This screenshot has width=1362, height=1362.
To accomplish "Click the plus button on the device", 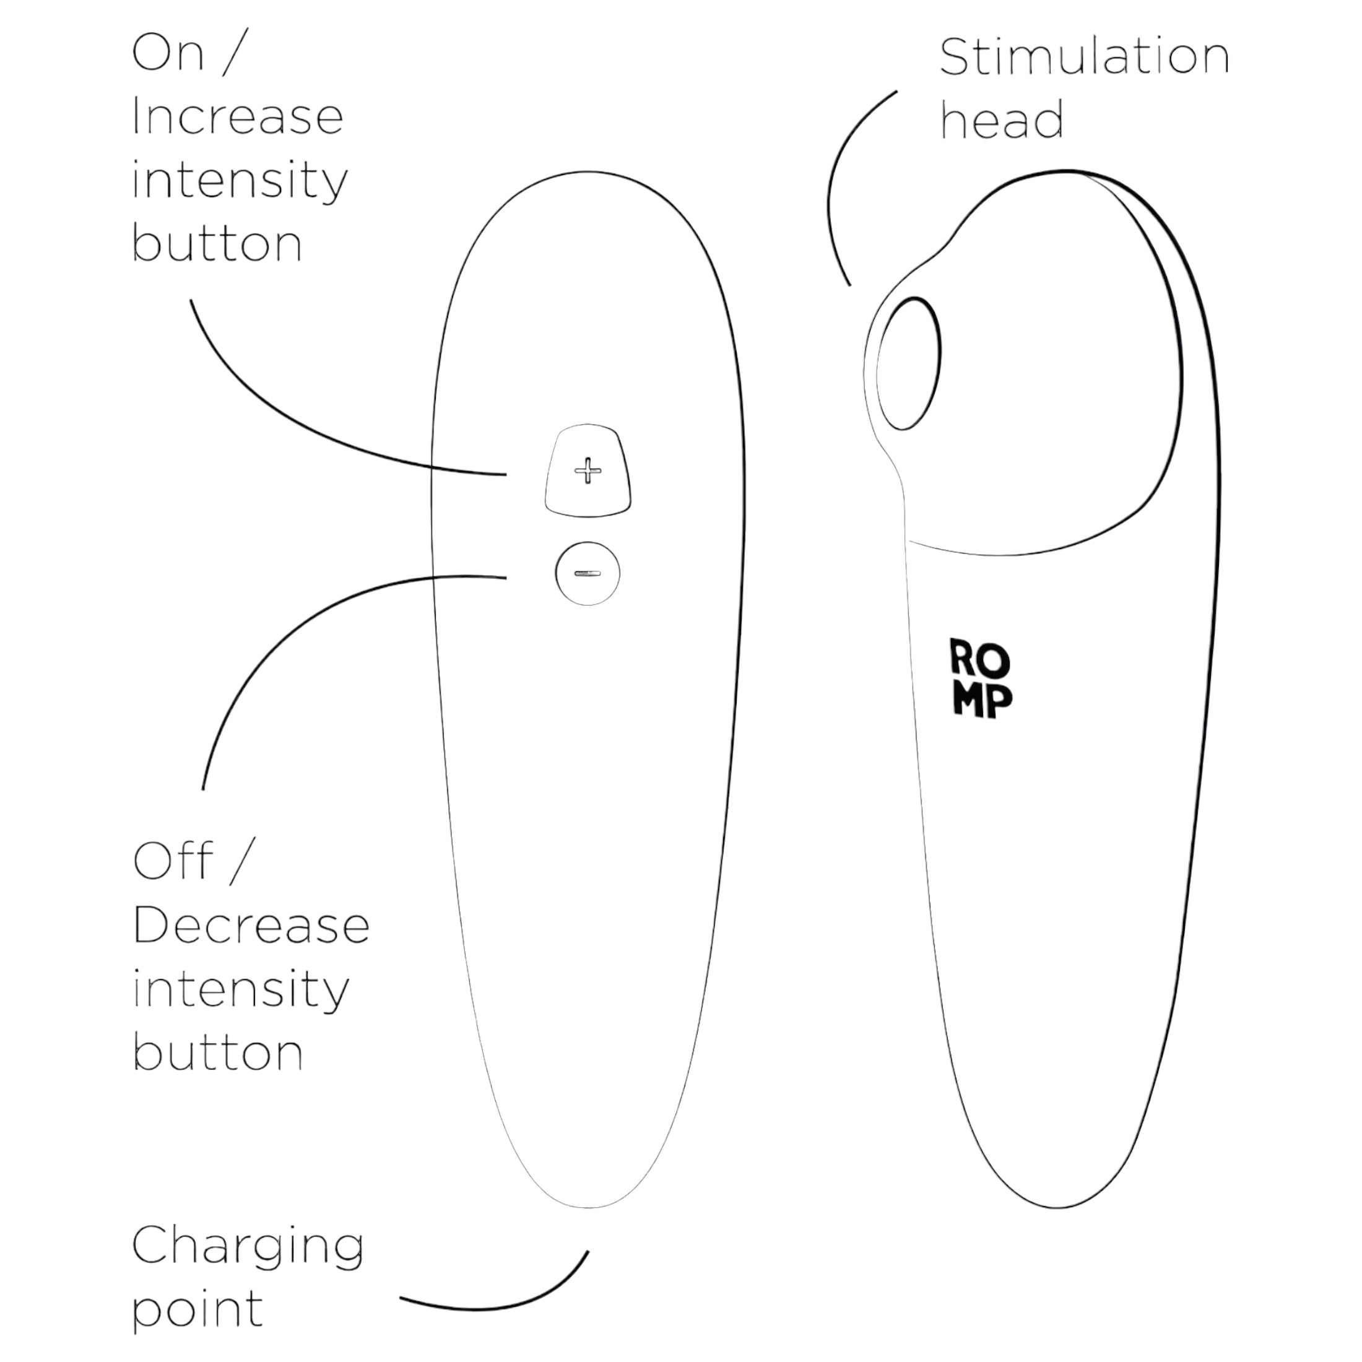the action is [x=588, y=471].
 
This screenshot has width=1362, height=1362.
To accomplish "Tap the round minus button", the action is [x=588, y=573].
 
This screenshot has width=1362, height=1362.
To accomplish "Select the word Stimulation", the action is [x=1084, y=57].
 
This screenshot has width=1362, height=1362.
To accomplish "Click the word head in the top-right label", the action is [x=1002, y=120].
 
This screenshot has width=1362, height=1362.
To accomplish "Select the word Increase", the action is [x=238, y=116].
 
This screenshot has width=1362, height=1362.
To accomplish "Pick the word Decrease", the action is [x=251, y=926].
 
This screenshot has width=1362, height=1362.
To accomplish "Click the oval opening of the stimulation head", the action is [x=909, y=363].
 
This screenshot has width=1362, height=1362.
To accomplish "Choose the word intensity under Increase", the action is [x=240, y=181].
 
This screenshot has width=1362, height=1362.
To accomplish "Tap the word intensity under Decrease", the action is [x=240, y=991].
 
